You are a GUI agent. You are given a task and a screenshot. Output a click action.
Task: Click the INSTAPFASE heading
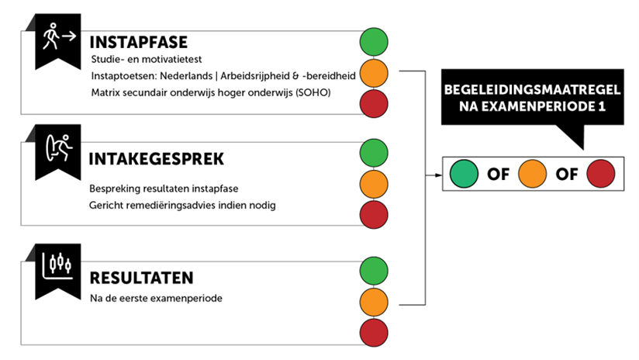pyautogui.click(x=139, y=43)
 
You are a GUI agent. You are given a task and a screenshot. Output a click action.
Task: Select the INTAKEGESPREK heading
pyautogui.click(x=156, y=159)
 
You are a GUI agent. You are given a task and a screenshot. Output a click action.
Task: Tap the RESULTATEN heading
pyautogui.click(x=141, y=278)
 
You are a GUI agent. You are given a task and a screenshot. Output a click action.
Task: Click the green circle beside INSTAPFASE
pyautogui.click(x=374, y=42)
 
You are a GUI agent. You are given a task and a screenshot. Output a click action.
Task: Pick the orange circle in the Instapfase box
pyautogui.click(x=374, y=74)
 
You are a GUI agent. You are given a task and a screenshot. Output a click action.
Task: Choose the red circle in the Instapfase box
pyautogui.click(x=374, y=104)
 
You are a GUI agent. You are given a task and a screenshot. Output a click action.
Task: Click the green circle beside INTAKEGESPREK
pyautogui.click(x=374, y=153)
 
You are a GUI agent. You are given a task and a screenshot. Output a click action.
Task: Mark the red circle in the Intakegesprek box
pyautogui.click(x=374, y=214)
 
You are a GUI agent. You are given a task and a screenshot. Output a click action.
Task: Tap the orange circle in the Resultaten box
pyautogui.click(x=374, y=302)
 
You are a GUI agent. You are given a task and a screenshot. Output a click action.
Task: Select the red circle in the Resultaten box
pyautogui.click(x=374, y=333)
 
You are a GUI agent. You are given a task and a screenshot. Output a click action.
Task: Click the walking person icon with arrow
pyautogui.click(x=59, y=36)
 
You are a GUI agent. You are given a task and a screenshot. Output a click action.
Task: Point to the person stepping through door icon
pyautogui.click(x=59, y=147)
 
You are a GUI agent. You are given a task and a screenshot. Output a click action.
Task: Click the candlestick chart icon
pyautogui.click(x=58, y=266)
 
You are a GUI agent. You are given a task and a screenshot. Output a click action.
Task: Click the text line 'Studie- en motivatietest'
pyautogui.click(x=147, y=60)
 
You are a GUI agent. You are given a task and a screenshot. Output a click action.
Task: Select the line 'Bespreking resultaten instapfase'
pyautogui.click(x=164, y=189)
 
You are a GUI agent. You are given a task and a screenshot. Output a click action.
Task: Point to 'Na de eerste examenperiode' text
pyautogui.click(x=156, y=298)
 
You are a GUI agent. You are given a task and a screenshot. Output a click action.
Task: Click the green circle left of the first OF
pyautogui.click(x=464, y=174)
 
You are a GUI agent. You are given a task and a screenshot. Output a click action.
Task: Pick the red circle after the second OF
pyautogui.click(x=601, y=174)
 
